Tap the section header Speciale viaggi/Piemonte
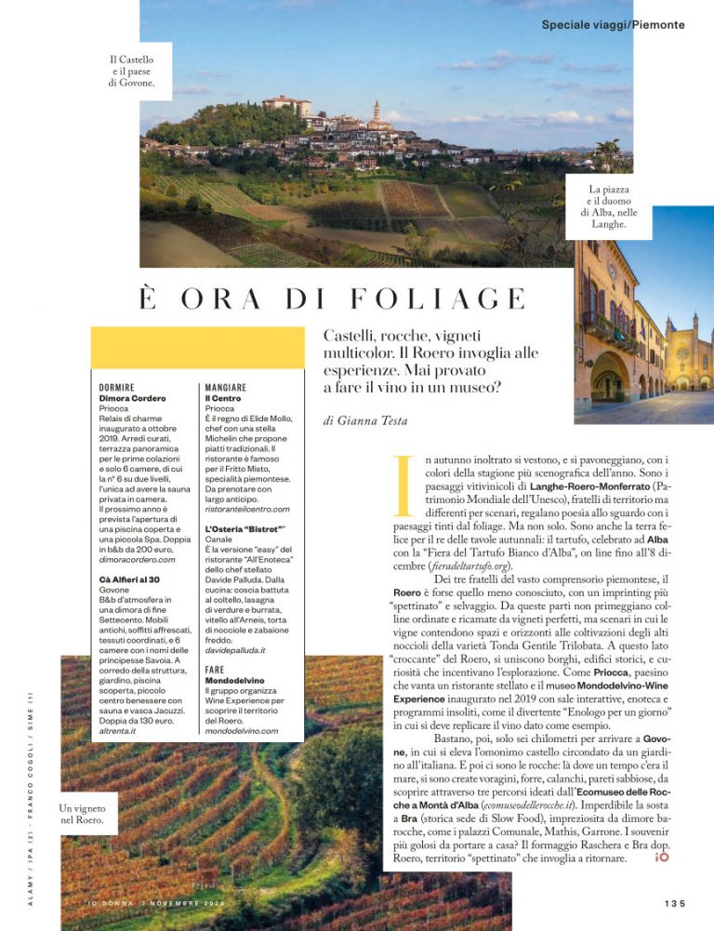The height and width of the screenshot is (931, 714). coord(613,25)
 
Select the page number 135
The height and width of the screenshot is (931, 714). coord(675,903)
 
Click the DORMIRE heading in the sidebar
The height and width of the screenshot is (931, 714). coord(117,387)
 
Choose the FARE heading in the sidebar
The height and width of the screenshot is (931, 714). coord(215,669)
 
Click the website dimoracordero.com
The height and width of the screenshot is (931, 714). coord(137,559)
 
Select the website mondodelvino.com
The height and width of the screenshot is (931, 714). coord(241,731)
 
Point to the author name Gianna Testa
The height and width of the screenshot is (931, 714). coord(366,421)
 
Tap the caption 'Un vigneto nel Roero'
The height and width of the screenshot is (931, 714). coord(81,815)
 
